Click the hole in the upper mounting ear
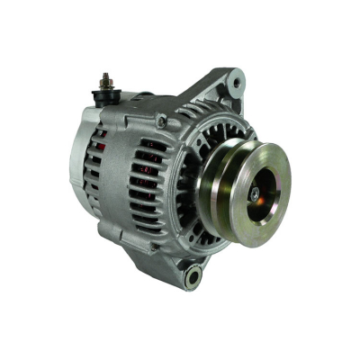[236, 83]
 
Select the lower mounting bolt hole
[193, 277]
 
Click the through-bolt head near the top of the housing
[160, 121]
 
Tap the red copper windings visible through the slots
[102, 140]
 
